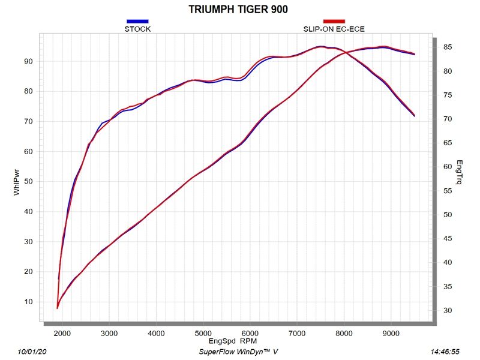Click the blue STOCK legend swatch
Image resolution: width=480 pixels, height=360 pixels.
click(x=137, y=21)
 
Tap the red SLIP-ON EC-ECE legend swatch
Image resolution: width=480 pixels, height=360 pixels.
click(x=334, y=21)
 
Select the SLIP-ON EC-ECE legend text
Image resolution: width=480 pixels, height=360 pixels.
click(x=334, y=29)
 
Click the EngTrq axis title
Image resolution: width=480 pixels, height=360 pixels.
click(x=459, y=172)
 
